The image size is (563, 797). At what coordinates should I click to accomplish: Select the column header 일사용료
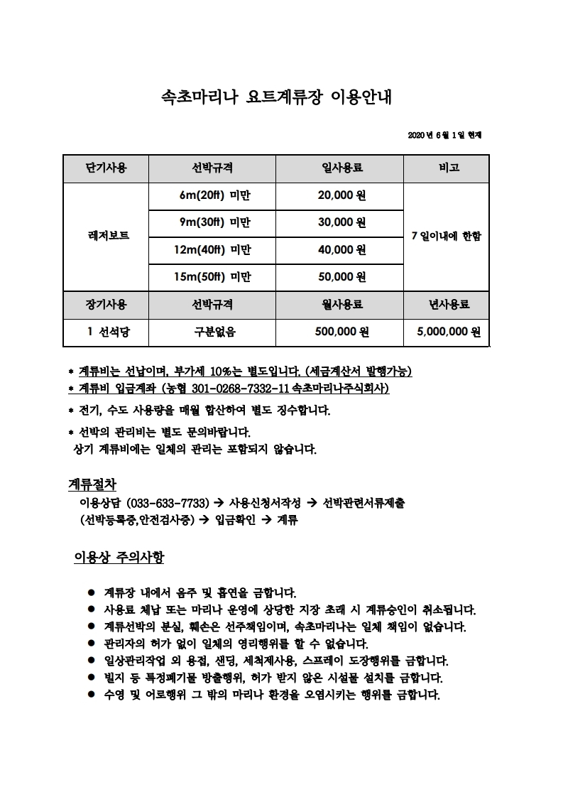click(x=341, y=168)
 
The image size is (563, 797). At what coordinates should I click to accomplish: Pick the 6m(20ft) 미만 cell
click(x=212, y=195)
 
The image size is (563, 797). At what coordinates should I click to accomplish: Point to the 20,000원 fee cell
click(x=341, y=195)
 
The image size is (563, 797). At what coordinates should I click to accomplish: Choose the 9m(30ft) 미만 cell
click(x=212, y=222)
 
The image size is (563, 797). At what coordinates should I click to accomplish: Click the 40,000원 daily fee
click(x=341, y=249)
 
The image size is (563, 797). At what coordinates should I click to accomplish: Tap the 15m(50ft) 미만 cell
click(x=212, y=276)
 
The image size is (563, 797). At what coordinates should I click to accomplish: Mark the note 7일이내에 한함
click(x=446, y=236)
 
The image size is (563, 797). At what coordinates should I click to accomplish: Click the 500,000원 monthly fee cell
click(x=341, y=331)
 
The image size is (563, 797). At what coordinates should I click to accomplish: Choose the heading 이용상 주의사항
click(x=119, y=557)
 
